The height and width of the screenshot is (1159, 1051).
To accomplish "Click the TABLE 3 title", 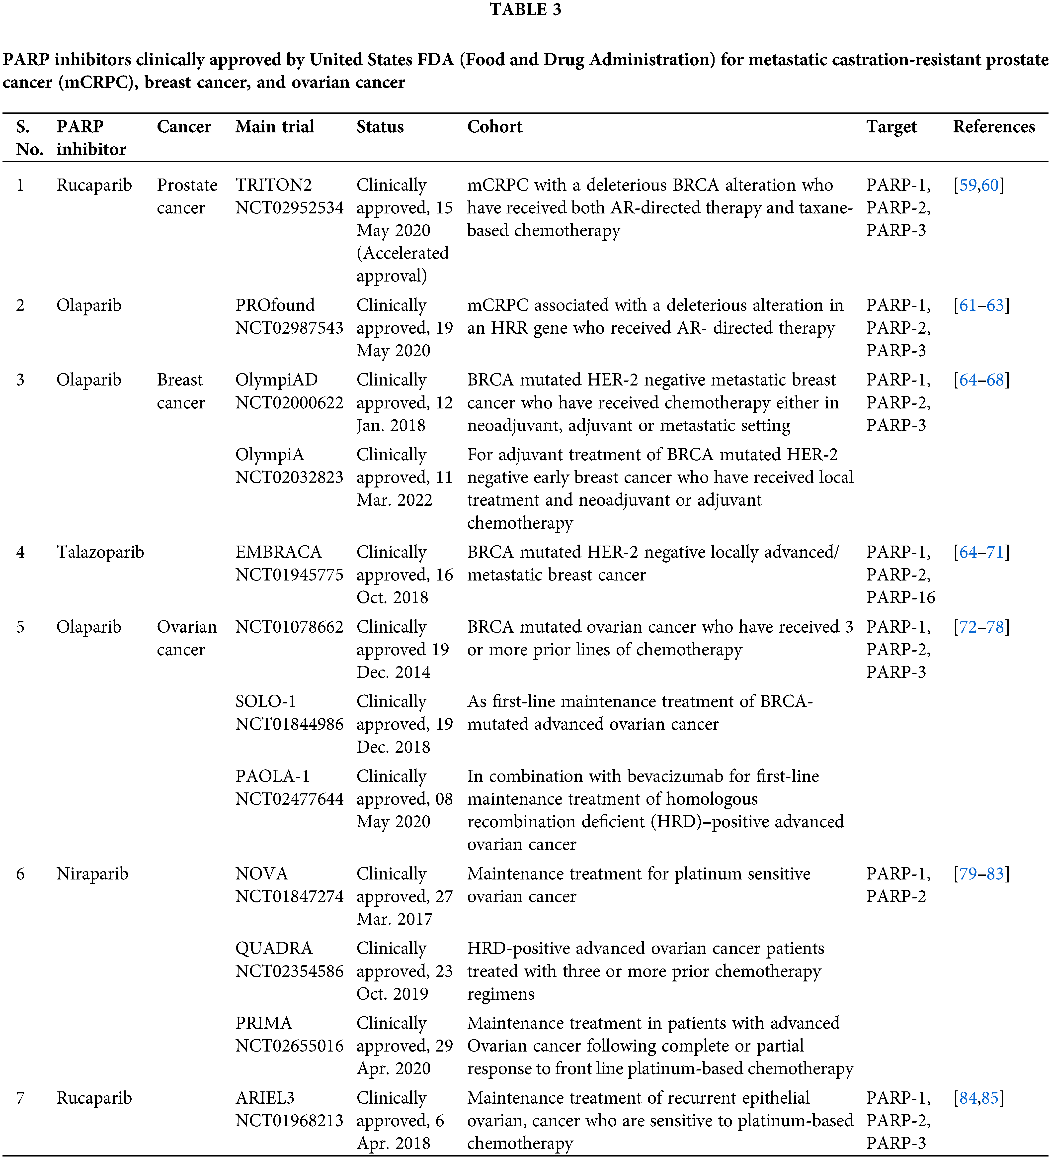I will (525, 10).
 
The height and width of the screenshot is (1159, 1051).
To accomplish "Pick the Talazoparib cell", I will (100, 552).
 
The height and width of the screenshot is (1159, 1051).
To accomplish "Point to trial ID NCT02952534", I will (289, 207).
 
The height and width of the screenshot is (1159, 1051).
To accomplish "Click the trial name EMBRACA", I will (278, 552).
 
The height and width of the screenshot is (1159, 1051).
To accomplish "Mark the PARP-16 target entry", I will (900, 597).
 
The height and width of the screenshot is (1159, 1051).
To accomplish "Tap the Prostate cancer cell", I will (187, 196).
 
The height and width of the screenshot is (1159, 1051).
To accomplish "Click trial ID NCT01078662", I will (289, 627).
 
